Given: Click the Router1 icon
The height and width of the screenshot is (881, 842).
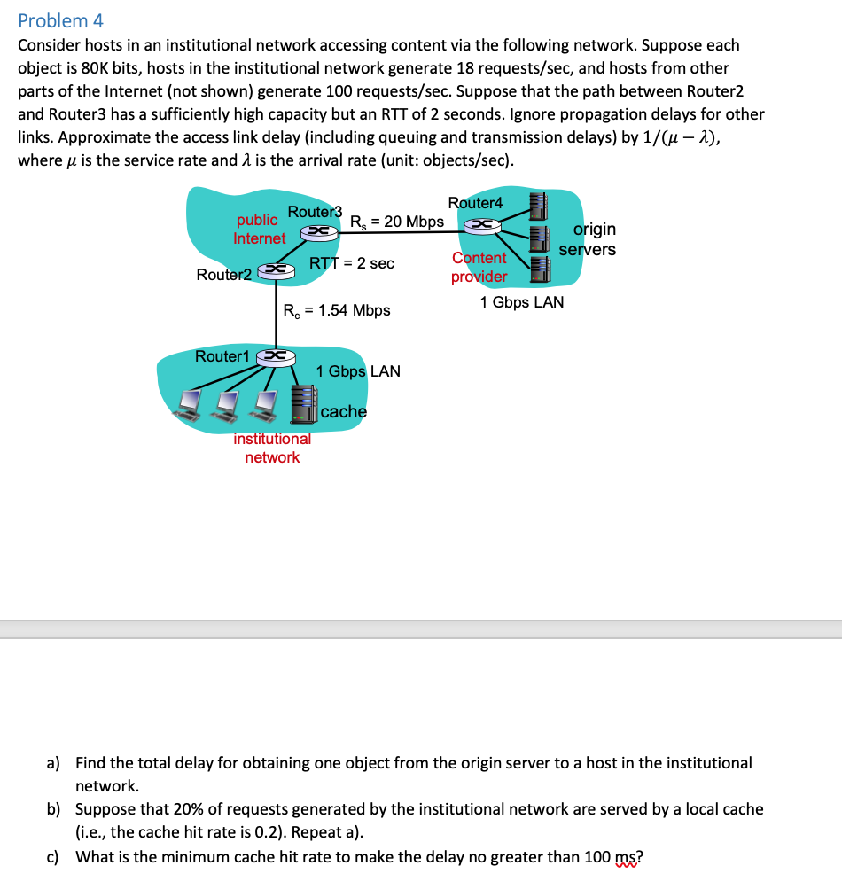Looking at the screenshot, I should [274, 356].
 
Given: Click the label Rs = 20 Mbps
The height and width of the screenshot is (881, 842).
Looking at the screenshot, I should [397, 221].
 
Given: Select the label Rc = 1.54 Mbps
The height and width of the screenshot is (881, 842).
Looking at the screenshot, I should [337, 310].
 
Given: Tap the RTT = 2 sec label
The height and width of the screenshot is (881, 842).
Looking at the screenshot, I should [352, 263].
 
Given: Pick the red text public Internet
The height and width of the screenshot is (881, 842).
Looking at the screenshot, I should [260, 230].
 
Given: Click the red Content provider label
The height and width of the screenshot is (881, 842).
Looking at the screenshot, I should [479, 267].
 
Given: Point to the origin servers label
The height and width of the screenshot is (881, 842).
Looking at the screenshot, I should [589, 239].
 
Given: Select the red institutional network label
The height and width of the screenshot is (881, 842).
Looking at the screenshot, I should [272, 448].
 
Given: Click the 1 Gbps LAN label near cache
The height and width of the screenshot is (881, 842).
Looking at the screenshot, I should [358, 371].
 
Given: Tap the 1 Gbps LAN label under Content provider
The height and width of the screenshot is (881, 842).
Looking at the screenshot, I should [521, 302].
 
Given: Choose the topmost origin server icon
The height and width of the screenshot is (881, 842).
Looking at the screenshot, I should [538, 204].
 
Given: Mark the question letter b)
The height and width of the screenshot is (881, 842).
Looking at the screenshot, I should [54, 809].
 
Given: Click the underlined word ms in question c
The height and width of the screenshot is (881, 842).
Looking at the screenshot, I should [625, 857].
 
